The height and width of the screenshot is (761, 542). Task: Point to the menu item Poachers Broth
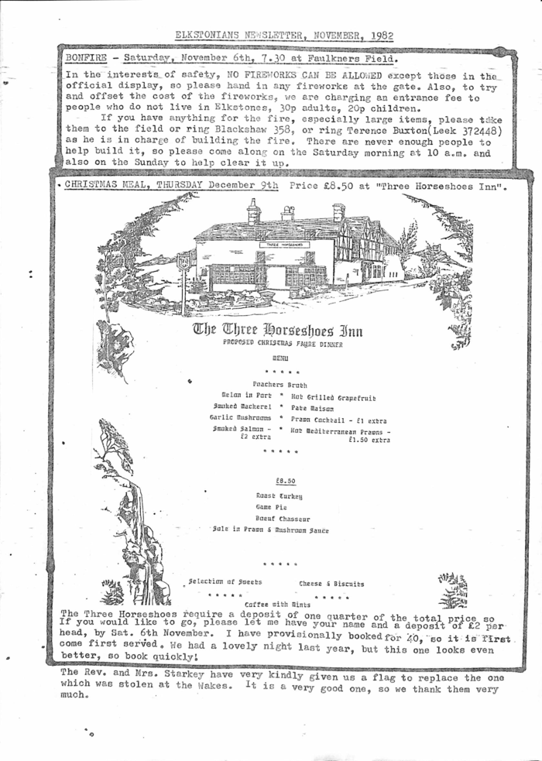(x=280, y=384)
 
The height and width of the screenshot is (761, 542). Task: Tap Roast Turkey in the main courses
(x=279, y=495)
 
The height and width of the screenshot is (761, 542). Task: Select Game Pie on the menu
(x=271, y=507)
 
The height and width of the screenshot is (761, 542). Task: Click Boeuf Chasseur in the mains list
(x=283, y=519)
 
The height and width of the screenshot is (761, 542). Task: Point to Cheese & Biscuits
(x=331, y=584)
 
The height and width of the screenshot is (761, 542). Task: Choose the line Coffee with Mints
(x=277, y=604)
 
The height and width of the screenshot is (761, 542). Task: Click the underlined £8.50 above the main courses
(x=286, y=480)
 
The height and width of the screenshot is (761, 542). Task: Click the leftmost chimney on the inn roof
(x=254, y=211)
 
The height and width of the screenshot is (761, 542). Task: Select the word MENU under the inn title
(x=280, y=358)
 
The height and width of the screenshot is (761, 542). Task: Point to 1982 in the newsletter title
(x=382, y=36)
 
